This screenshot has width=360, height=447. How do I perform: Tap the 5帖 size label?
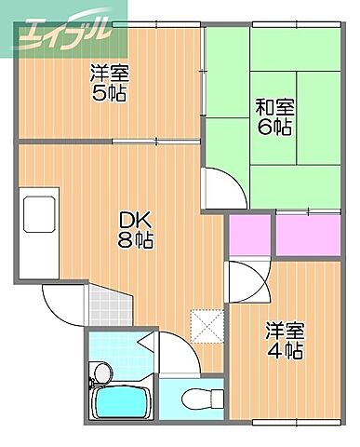click(108, 92)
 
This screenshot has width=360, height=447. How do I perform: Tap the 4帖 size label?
click(286, 350)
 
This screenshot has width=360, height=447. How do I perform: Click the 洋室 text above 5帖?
click(108, 73)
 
